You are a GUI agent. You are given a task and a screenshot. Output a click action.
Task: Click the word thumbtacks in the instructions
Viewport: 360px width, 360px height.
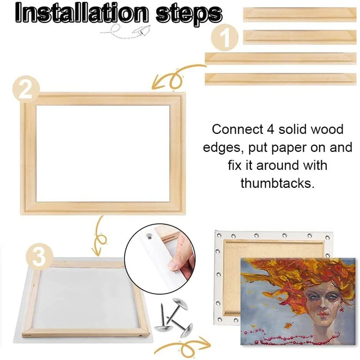point(277,183)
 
